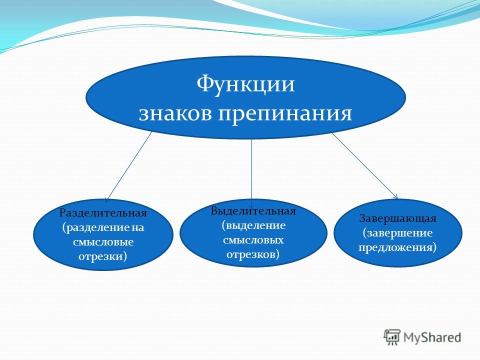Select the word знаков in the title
pyautogui.click(x=175, y=114)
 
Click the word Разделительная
pyautogui.click(x=103, y=213)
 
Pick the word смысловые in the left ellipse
pyautogui.click(x=103, y=242)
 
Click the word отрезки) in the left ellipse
pyautogui.click(x=102, y=256)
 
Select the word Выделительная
pyautogui.click(x=253, y=211)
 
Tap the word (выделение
pyautogui.click(x=253, y=226)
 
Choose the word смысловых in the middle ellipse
pyautogui.click(x=253, y=240)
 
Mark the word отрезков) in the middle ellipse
pyautogui.click(x=253, y=254)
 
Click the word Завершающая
pyautogui.click(x=397, y=219)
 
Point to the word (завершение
pyautogui.click(x=397, y=233)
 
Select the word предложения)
pyautogui.click(x=397, y=247)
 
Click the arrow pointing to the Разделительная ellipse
pyautogui.click(x=128, y=167)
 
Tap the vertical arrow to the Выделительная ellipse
pyautogui.click(x=251, y=174)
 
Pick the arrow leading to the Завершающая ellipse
pyautogui.click(x=365, y=166)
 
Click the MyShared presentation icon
pyautogui.click(x=392, y=337)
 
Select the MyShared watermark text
pyautogui.click(x=432, y=337)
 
